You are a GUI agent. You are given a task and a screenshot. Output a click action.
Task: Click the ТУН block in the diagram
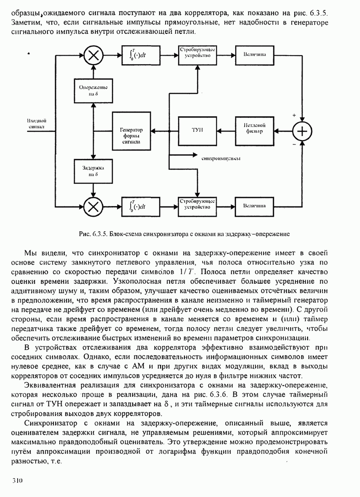[197, 130]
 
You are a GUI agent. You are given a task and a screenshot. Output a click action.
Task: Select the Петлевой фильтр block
[254, 130]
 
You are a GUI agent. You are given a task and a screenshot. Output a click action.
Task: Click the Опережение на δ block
[93, 90]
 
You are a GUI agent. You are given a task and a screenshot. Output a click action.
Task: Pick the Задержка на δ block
[93, 171]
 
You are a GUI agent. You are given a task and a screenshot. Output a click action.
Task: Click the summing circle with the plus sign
[302, 131]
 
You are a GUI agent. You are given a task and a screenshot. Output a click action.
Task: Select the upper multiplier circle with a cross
[93, 55]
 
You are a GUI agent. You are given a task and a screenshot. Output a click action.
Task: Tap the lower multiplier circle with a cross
[93, 206]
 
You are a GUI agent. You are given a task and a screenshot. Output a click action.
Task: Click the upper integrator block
[140, 55]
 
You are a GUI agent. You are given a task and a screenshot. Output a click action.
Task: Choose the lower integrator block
[140, 206]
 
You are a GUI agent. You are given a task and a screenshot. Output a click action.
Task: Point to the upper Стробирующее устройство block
[197, 53]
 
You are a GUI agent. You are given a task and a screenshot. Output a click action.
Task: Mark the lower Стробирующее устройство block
[197, 204]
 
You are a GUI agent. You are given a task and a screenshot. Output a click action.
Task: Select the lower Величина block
[254, 206]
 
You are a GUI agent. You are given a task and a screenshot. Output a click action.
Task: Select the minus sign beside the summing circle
[294, 145]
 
